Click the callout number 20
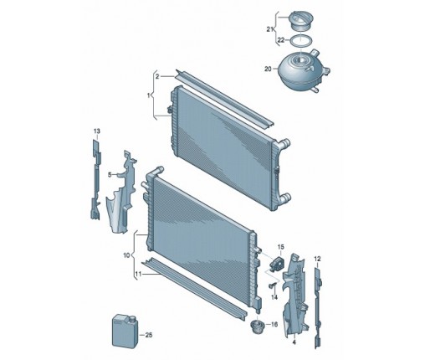tap(268, 69)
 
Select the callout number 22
tap(281, 40)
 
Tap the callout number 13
tap(97, 131)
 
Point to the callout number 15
tap(280, 247)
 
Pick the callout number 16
tap(274, 324)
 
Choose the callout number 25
tap(149, 335)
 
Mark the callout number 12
tap(317, 259)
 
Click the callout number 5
tap(110, 175)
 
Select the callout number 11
tap(138, 275)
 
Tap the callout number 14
tap(274, 297)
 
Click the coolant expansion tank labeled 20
tap(304, 71)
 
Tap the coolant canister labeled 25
tap(125, 332)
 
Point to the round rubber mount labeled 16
tap(257, 327)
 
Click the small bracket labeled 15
tap(276, 263)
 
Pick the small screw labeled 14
tap(272, 285)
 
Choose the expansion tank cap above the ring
tap(301, 20)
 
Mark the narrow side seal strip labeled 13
tap(95, 179)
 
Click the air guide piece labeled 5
tap(121, 193)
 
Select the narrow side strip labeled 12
tap(318, 308)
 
